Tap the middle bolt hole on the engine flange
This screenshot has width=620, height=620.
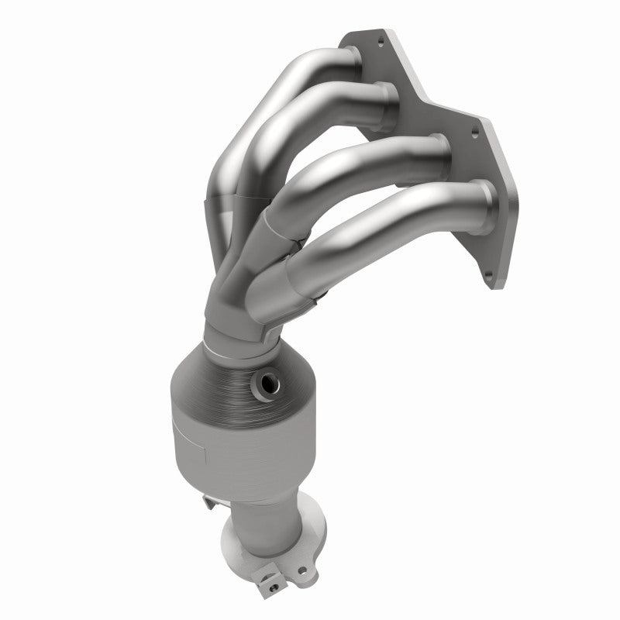pos(474,133)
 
